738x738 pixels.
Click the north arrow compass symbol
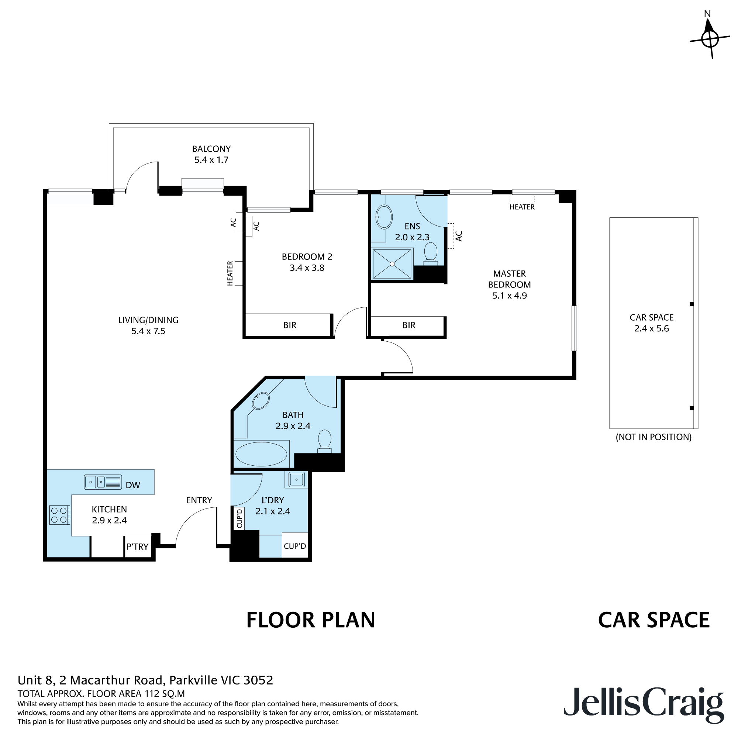coord(709,38)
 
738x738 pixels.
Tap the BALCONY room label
coord(211,149)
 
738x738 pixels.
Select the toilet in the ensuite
coord(431,253)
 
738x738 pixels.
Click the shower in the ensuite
coord(392,263)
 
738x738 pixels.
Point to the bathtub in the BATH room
coord(261,454)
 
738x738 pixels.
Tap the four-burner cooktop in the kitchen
coord(59,515)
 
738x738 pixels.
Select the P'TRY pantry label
coord(137,546)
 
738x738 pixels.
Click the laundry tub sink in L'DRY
coord(296,479)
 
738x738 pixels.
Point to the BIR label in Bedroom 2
coord(290,325)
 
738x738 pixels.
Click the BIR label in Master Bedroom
coord(409,325)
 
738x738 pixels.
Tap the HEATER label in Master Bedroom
coord(522,207)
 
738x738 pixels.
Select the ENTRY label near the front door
coord(199,500)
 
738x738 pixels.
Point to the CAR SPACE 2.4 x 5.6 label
coord(651,323)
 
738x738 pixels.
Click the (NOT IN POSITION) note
coord(653,437)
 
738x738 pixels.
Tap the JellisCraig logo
coord(643,701)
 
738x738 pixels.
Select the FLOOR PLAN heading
coord(311,620)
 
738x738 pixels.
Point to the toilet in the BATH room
coord(325,441)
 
